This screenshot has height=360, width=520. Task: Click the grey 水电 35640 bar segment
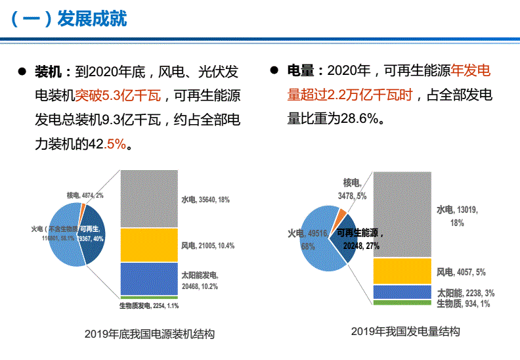click(x=149, y=198)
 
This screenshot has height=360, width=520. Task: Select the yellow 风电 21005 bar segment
click(x=149, y=245)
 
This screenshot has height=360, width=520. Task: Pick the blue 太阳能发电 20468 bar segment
click(x=149, y=279)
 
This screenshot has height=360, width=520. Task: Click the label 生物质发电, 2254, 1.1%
click(x=149, y=306)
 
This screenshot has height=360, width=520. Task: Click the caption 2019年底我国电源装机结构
click(x=150, y=334)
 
